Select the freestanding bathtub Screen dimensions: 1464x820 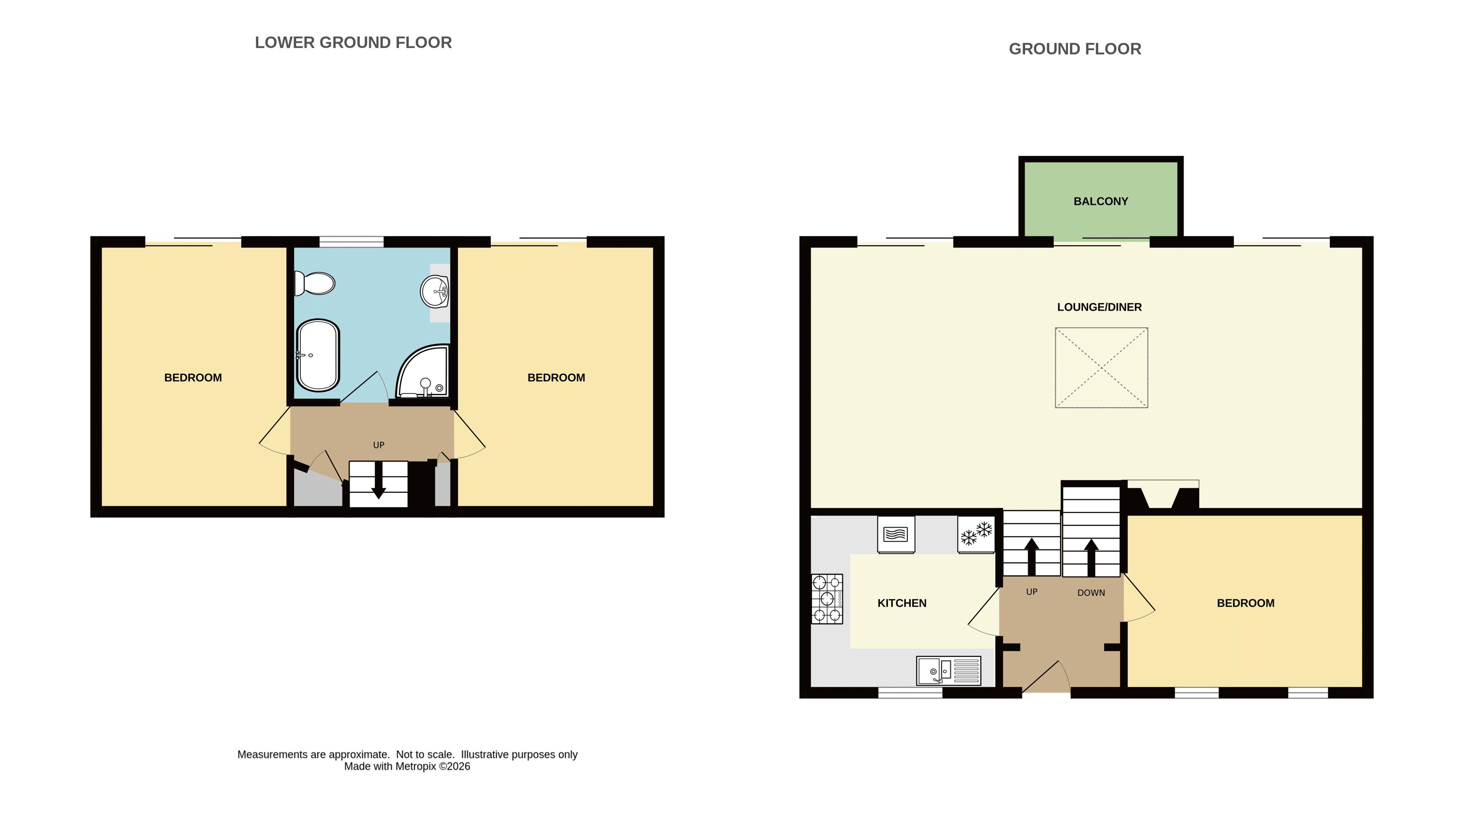pyautogui.click(x=318, y=355)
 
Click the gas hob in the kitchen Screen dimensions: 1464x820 pyautogui.click(x=827, y=599)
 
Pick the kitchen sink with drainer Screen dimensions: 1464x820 pyautogui.click(x=949, y=671)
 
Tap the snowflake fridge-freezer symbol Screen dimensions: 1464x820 pyautogui.click(x=976, y=534)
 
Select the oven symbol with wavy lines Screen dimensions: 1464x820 pyautogui.click(x=896, y=534)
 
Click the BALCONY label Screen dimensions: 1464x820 pyautogui.click(x=1101, y=201)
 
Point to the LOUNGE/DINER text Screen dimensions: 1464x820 pyautogui.click(x=1099, y=307)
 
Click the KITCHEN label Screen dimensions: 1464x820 pyautogui.click(x=902, y=603)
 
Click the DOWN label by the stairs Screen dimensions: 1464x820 pyautogui.click(x=1091, y=593)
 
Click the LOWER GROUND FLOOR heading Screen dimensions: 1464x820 pyautogui.click(x=353, y=43)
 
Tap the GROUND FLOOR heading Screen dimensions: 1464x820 pyautogui.click(x=1075, y=49)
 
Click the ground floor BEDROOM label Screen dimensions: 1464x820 pyautogui.click(x=1245, y=603)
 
